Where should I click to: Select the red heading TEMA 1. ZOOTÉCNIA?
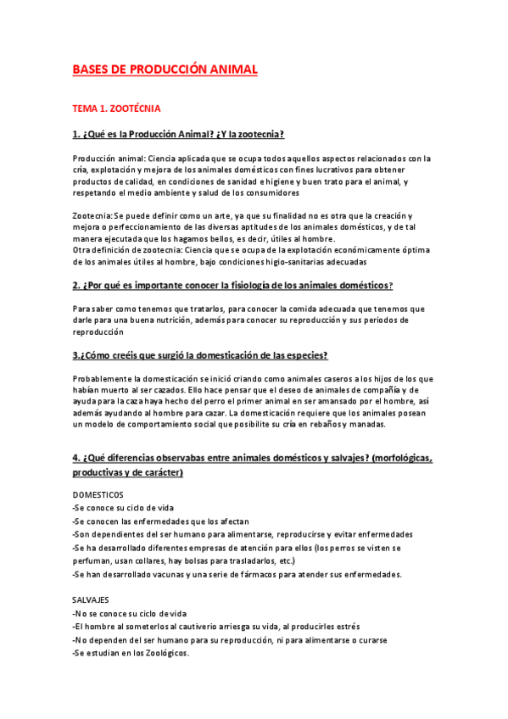click(117, 109)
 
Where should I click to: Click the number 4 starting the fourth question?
click(75, 459)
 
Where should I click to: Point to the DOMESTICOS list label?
click(98, 493)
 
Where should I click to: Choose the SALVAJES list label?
click(91, 599)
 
